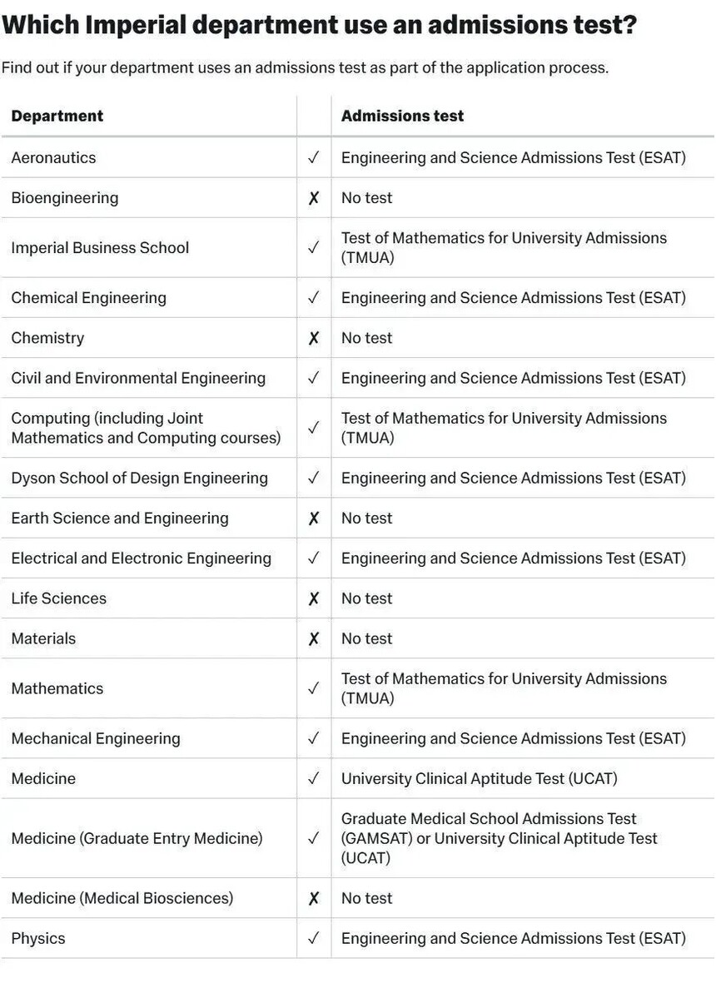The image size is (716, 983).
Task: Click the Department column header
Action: tap(57, 116)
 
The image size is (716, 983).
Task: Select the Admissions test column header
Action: tap(402, 116)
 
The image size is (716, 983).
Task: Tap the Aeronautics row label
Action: tap(53, 157)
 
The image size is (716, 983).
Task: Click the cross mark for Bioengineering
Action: tap(314, 198)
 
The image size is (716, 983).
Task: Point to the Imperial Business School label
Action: tap(100, 247)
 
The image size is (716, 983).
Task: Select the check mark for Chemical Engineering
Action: tap(314, 297)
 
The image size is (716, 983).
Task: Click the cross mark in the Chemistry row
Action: tap(314, 338)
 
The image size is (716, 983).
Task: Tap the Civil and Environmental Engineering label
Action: tap(138, 378)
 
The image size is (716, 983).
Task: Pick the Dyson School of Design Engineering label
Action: tap(139, 478)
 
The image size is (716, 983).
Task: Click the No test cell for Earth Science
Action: tap(366, 518)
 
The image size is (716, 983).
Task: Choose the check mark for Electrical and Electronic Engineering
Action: tap(314, 558)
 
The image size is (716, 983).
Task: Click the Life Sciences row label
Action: tap(59, 598)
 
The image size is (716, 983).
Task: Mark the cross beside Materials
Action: tap(314, 638)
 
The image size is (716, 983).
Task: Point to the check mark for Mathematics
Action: tap(314, 688)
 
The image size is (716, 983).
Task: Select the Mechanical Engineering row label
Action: tap(96, 738)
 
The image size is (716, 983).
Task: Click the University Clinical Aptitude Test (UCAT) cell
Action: tap(479, 778)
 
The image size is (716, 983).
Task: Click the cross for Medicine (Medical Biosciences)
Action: tap(314, 898)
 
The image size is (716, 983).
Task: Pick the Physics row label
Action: tap(38, 938)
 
